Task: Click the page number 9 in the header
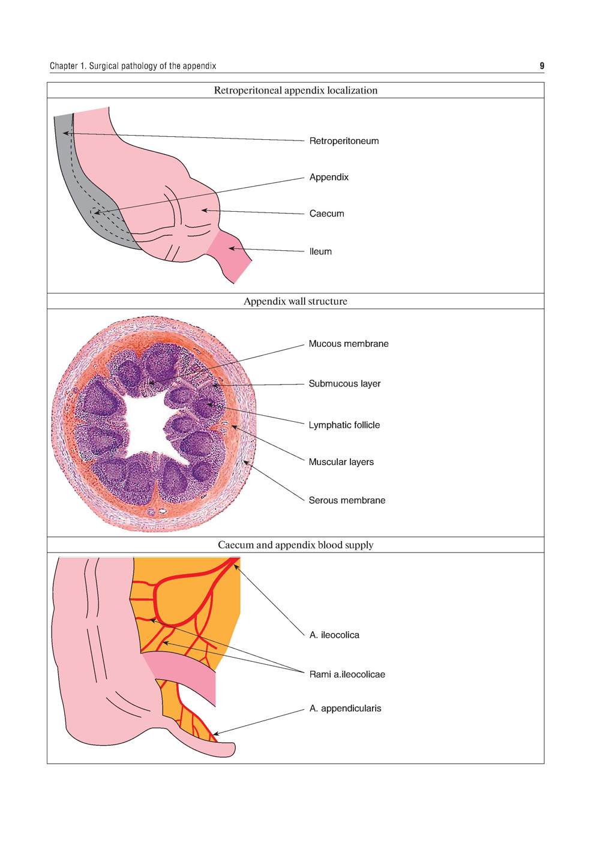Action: [x=542, y=66]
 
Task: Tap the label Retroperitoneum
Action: [x=344, y=141]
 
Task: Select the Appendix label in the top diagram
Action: [x=329, y=177]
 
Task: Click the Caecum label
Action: [x=326, y=214]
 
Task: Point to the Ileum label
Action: [x=320, y=251]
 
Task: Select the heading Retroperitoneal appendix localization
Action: [x=295, y=91]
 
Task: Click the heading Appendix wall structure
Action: [x=295, y=301]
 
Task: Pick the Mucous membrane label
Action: [x=348, y=344]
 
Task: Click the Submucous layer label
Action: [x=344, y=383]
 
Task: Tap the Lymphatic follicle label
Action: [x=344, y=425]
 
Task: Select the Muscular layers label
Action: [x=341, y=462]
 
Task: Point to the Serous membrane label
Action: [x=347, y=500]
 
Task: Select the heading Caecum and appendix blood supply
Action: [x=295, y=545]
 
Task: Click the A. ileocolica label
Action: [x=334, y=635]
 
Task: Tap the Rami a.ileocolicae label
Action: [x=347, y=674]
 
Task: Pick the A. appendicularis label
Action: [x=345, y=709]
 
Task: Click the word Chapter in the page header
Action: [x=63, y=66]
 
